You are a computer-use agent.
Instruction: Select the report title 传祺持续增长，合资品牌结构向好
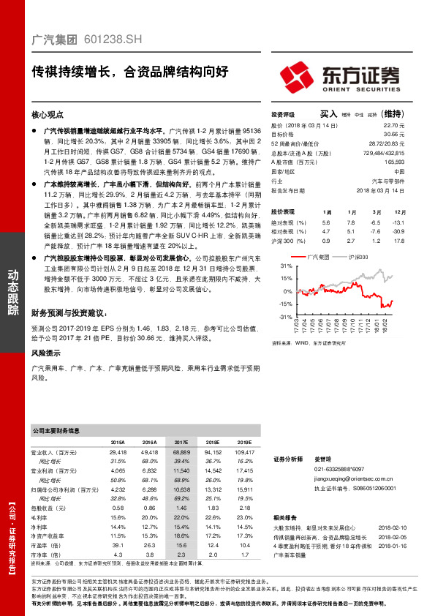(129, 72)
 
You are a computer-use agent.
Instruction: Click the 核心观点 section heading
(48, 116)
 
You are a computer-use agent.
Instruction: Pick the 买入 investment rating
(328, 114)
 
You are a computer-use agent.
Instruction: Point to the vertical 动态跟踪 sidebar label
(12, 293)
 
